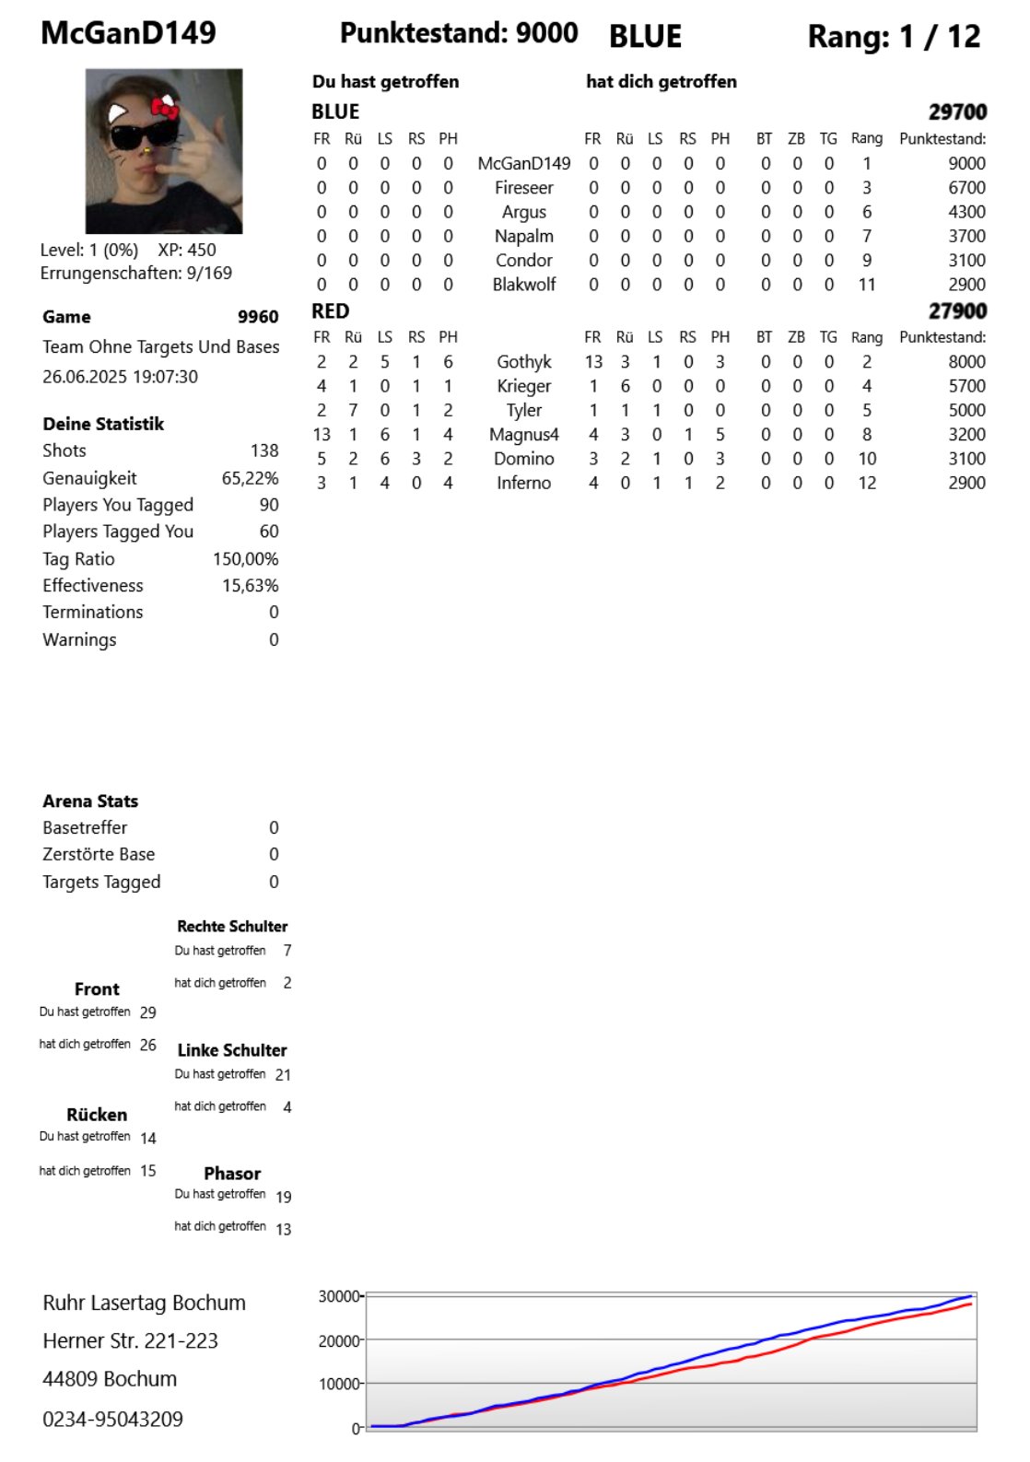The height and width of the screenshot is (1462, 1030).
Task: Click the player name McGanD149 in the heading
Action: [128, 33]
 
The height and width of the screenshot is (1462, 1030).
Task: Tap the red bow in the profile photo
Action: [165, 109]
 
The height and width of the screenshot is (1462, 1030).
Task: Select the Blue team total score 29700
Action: [957, 112]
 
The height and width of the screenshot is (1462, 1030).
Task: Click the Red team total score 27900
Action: [957, 311]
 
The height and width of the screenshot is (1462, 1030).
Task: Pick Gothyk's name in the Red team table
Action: [523, 362]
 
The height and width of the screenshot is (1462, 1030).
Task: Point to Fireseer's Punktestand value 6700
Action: [966, 188]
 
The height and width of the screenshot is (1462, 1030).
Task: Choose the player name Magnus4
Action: [523, 435]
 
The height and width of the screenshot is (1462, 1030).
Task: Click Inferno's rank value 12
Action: [867, 483]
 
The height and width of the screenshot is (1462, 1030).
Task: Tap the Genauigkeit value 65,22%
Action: [250, 478]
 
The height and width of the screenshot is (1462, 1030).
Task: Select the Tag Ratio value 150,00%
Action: [245, 559]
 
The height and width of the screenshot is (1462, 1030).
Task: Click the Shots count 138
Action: [264, 450]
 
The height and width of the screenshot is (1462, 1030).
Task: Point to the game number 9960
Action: [258, 317]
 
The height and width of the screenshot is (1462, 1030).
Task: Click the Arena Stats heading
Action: [90, 801]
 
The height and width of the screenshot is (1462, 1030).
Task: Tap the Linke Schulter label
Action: [232, 1050]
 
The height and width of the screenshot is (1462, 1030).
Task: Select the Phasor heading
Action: [232, 1174]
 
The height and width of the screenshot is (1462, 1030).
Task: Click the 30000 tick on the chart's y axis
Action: [338, 1297]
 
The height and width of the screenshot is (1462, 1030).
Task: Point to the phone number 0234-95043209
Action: [112, 1419]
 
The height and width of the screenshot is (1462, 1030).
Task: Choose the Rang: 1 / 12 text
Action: [894, 37]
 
